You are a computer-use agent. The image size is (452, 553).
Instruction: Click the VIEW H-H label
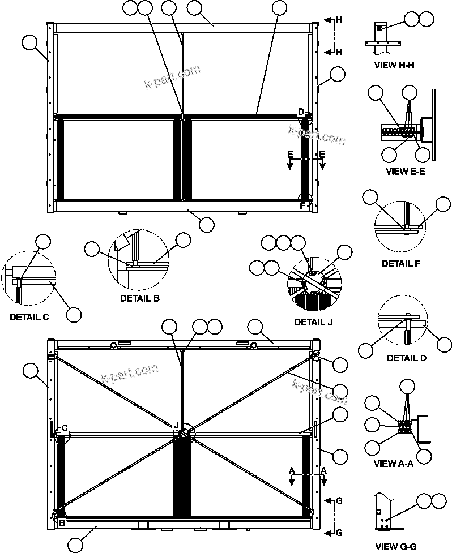click(x=394, y=65)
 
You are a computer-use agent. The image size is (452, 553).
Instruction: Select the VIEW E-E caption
click(x=405, y=172)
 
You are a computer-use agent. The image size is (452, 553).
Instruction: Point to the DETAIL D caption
click(x=407, y=358)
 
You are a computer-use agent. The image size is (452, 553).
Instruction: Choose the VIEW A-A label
click(x=393, y=464)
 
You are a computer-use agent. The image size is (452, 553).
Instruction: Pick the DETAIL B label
click(x=140, y=298)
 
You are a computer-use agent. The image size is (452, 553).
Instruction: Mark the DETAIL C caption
click(x=29, y=318)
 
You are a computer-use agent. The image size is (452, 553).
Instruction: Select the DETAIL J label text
click(x=314, y=322)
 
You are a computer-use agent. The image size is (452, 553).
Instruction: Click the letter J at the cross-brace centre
click(x=177, y=425)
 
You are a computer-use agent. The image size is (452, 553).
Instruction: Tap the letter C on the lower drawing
click(x=65, y=428)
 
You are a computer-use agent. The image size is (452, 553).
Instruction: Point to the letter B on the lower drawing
click(x=62, y=523)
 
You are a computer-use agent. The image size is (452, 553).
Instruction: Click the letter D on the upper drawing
click(x=301, y=111)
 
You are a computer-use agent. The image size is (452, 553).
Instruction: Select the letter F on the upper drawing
click(x=301, y=205)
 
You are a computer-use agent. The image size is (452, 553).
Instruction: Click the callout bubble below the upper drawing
click(x=207, y=224)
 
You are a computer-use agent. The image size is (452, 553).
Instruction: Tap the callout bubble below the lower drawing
click(x=75, y=546)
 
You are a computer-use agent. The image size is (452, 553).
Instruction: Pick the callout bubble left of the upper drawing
click(x=29, y=41)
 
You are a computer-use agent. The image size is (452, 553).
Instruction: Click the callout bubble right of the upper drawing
click(x=338, y=74)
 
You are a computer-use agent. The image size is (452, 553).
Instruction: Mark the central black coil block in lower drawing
click(x=182, y=475)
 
